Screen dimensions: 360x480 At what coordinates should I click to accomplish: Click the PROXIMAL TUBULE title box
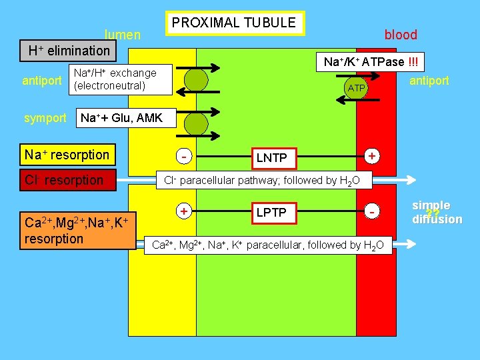(234, 23)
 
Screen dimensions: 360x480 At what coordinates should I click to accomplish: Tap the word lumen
(123, 35)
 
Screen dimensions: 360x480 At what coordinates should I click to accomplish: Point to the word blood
(401, 35)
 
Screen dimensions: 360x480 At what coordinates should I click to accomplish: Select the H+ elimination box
(69, 51)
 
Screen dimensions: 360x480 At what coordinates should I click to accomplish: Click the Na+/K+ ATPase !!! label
(370, 62)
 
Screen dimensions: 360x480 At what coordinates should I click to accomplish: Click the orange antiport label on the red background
(429, 81)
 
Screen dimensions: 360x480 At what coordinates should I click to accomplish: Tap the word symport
(45, 119)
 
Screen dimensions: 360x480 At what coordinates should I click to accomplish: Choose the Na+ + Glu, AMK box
(121, 118)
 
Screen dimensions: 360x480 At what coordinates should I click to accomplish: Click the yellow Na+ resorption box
(67, 155)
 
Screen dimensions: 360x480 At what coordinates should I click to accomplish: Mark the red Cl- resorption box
(67, 180)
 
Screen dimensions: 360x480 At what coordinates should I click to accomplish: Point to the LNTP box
(272, 157)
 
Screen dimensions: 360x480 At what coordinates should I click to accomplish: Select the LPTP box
(272, 212)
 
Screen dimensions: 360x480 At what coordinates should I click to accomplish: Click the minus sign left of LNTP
(183, 156)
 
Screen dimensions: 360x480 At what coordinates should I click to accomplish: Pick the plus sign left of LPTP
(183, 210)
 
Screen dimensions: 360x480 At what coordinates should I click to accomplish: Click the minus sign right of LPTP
(374, 211)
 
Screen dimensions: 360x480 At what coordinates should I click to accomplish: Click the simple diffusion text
(437, 213)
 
